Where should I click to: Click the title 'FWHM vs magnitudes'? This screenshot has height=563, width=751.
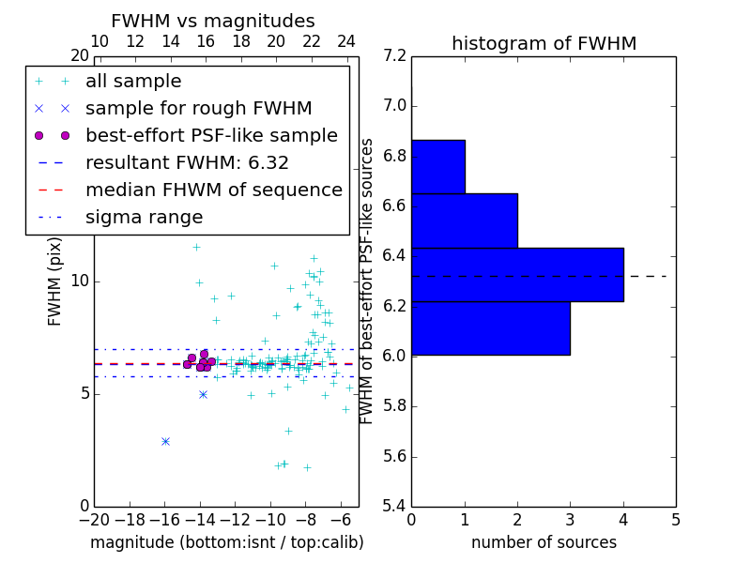pos(213,21)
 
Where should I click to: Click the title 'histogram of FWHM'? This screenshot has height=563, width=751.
pos(544,43)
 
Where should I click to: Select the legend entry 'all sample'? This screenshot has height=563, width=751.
pos(133,82)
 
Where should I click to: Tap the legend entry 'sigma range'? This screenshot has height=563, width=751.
pos(144,218)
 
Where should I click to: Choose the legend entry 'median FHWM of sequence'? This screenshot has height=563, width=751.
pos(213,190)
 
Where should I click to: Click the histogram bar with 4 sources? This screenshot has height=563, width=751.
pos(517,274)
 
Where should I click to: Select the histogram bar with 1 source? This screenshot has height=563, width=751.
pos(437,166)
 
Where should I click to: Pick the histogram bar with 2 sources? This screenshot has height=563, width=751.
pos(464,221)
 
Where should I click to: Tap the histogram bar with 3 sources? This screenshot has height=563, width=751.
pos(490,327)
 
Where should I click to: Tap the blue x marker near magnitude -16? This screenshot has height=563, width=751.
pos(165,441)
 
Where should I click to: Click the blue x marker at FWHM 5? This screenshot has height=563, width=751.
pos(203,394)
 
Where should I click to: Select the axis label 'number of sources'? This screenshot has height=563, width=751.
pos(544,542)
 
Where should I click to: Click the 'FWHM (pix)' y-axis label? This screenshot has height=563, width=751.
pos(55,281)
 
